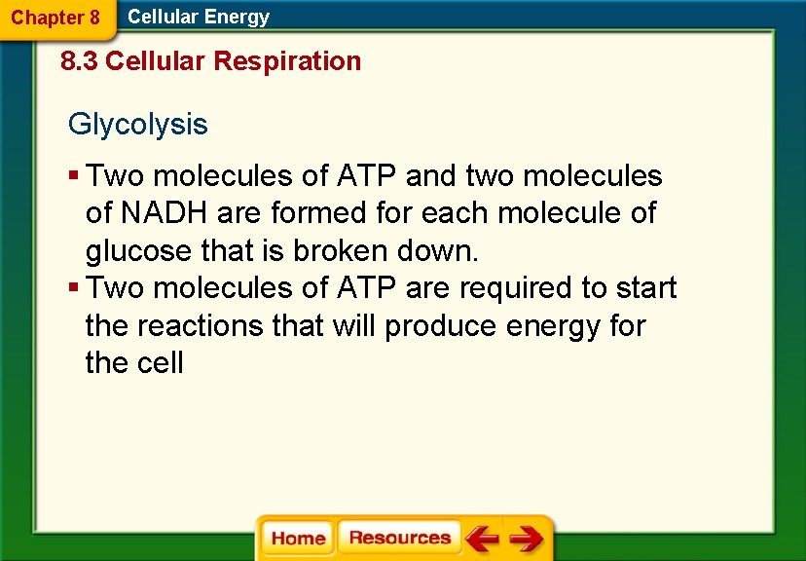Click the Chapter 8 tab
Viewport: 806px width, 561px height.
click(x=55, y=18)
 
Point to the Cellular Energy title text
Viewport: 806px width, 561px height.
click(x=199, y=17)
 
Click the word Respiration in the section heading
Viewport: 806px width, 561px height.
click(x=287, y=61)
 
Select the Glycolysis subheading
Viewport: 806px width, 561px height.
click(x=137, y=125)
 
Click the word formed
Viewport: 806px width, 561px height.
click(x=320, y=213)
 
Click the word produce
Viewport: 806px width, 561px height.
click(x=440, y=325)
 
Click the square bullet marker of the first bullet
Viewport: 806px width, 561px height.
click(x=74, y=176)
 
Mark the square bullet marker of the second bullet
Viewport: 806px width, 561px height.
click(x=74, y=288)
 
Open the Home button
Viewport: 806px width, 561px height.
click(x=298, y=539)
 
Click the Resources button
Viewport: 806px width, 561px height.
click(x=399, y=538)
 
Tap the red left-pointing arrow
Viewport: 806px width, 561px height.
click(x=482, y=538)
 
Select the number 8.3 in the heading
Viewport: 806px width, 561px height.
click(x=79, y=61)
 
